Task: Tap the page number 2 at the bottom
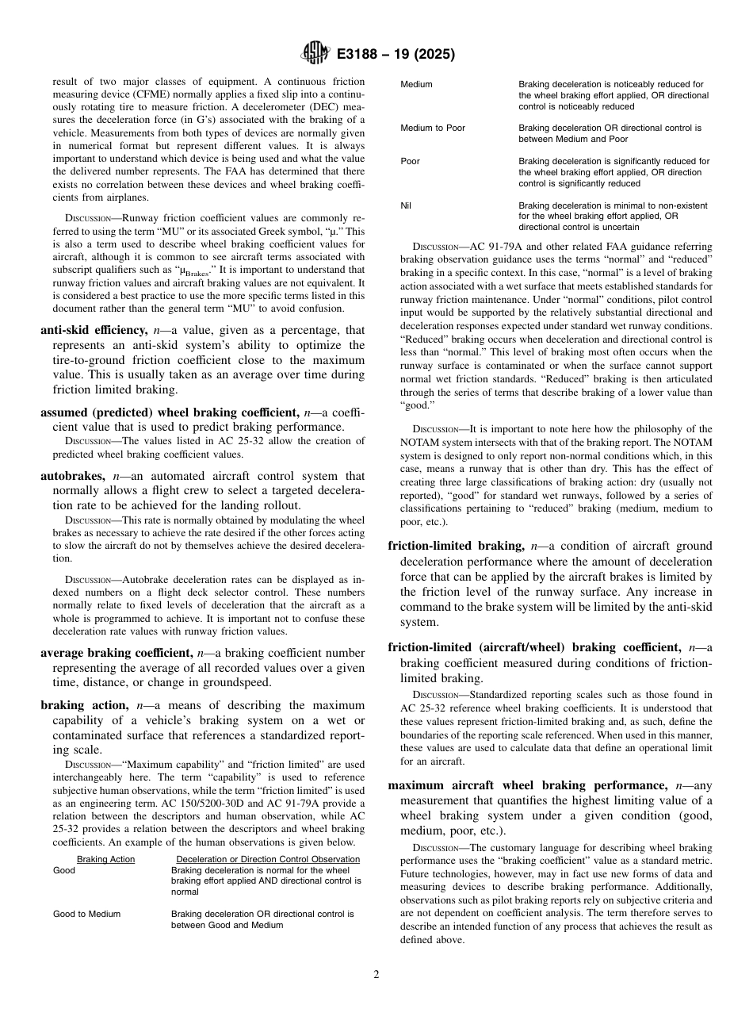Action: pos(376,975)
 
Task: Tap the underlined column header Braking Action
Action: pos(105,859)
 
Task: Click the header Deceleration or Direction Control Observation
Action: pos(267,859)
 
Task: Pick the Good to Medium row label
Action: pos(86,914)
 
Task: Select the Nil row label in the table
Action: pos(406,205)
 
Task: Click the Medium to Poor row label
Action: pos(433,128)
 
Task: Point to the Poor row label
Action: pos(410,161)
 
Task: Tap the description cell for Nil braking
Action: pos(613,216)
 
